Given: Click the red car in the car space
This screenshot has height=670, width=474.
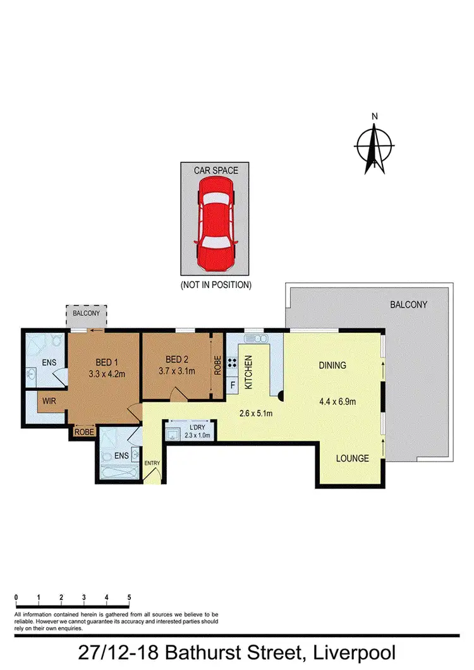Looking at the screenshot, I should pyautogui.click(x=215, y=222).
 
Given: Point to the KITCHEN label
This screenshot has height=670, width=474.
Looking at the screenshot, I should pyautogui.click(x=249, y=373).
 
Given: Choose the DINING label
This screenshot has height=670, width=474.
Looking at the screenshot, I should pyautogui.click(x=332, y=365).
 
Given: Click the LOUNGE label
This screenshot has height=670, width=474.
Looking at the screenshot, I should pyautogui.click(x=352, y=458).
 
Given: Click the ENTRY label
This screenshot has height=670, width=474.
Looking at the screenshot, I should pyautogui.click(x=153, y=463).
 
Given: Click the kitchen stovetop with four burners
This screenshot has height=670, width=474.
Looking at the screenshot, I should pyautogui.click(x=232, y=363).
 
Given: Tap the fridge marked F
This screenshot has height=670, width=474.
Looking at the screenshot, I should pyautogui.click(x=233, y=385).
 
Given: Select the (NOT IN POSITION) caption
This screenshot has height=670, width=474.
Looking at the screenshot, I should pyautogui.click(x=216, y=285).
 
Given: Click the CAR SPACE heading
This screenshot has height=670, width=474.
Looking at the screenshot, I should pyautogui.click(x=215, y=169).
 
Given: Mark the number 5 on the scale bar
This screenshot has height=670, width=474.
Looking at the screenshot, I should pyautogui.click(x=129, y=597).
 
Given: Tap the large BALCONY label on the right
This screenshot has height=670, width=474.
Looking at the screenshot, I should pyautogui.click(x=408, y=304).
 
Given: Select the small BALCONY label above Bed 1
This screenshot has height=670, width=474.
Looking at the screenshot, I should pyautogui.click(x=87, y=312).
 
